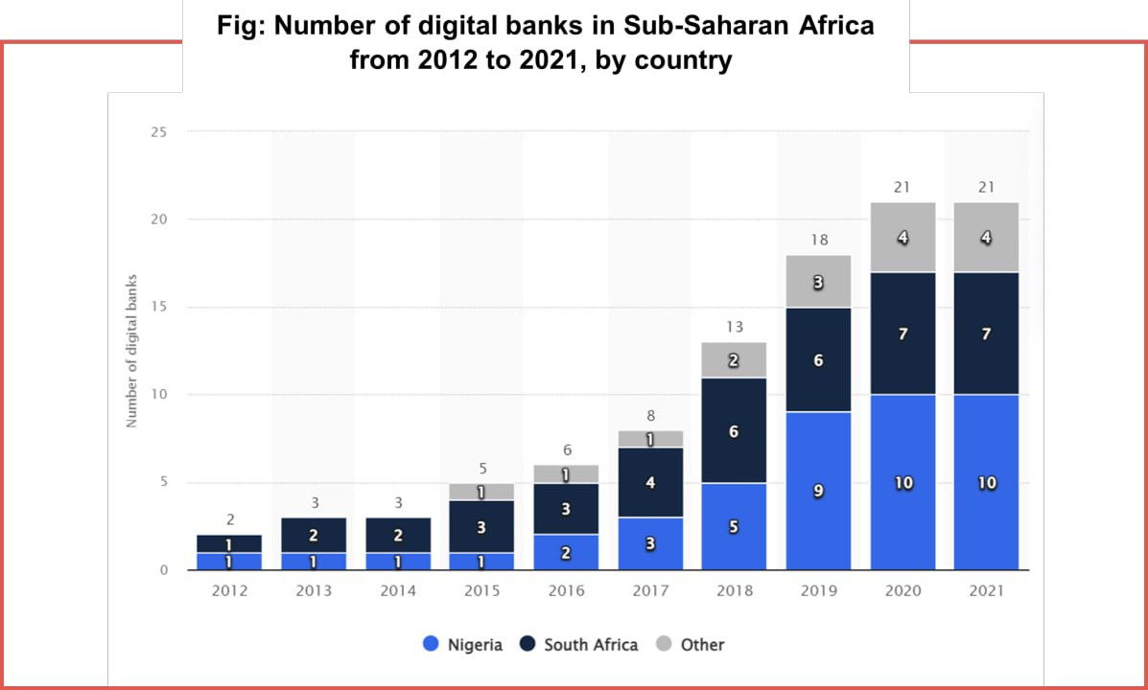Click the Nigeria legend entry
[463, 645]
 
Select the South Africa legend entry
[579, 645]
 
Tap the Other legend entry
[690, 645]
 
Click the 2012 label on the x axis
[229, 590]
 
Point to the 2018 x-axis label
[734, 590]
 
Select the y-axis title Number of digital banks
[131, 351]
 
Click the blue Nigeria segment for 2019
[818, 491]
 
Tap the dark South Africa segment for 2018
[734, 431]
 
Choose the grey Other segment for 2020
[902, 237]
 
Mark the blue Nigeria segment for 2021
[986, 483]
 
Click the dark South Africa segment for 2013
[314, 535]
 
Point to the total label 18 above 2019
[818, 240]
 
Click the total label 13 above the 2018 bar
[734, 327]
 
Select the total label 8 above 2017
[650, 415]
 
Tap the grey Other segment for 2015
[481, 492]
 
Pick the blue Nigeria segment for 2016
[566, 552]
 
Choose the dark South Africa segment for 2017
[650, 482]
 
